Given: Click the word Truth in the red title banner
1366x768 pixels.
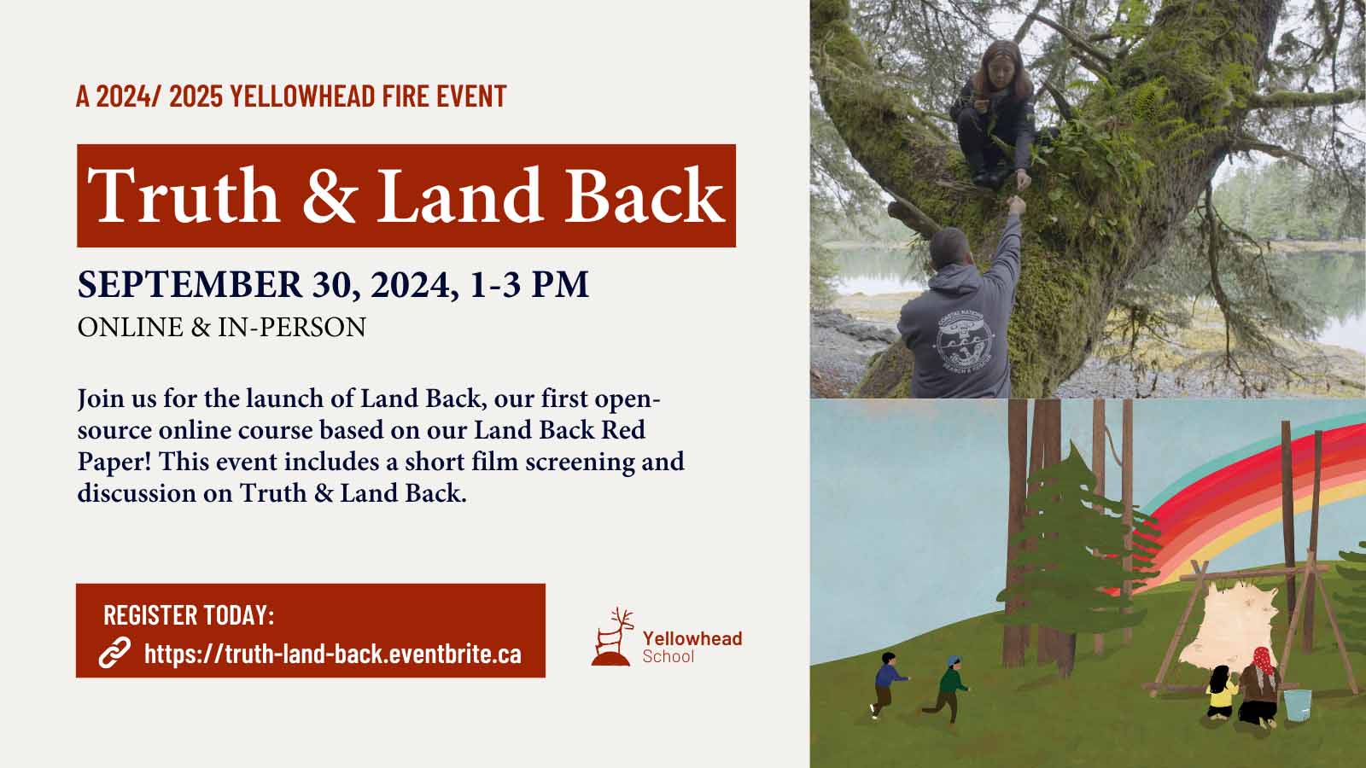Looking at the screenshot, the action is coord(184,195).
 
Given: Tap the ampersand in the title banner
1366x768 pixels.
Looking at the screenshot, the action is coord(329,195).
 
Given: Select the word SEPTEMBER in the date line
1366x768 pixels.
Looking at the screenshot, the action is coord(190,284).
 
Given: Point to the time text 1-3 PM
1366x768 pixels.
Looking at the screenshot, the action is coord(529,284).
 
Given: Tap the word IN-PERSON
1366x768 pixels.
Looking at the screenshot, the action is coord(292,328).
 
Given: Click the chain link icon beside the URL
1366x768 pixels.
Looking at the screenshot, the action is coord(114,653).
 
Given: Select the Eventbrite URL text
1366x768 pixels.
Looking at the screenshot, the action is coord(333,654).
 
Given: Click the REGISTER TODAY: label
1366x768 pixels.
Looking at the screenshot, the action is coord(189,614).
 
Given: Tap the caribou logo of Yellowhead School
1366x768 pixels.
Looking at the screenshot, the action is coord(611,637).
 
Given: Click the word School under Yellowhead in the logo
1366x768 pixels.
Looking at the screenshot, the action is coord(668,656).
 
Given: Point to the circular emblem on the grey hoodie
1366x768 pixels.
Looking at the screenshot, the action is coord(966,340).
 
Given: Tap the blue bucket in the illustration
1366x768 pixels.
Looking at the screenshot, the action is coord(1297,705).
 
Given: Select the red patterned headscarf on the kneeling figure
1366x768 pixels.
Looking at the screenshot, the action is coord(1264,662).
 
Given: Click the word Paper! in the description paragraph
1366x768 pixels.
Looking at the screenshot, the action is coord(114,462).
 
